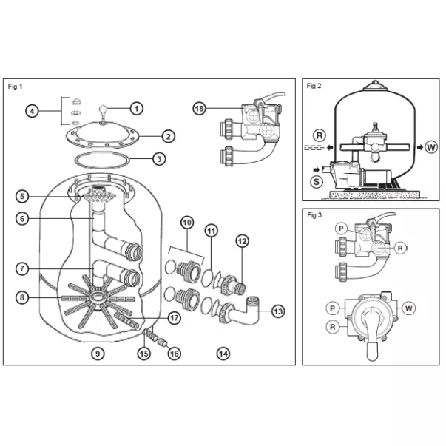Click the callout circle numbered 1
click(x=137, y=108)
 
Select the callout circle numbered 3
click(x=158, y=158)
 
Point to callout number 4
click(x=32, y=112)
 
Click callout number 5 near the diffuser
click(x=24, y=196)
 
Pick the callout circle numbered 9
click(x=97, y=353)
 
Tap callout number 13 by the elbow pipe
click(x=278, y=311)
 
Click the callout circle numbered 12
click(x=243, y=240)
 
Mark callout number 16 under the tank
click(x=175, y=354)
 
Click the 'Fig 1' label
click(x=16, y=87)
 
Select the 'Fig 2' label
click(x=314, y=86)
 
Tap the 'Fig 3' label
click(x=314, y=215)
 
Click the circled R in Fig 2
click(x=319, y=136)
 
